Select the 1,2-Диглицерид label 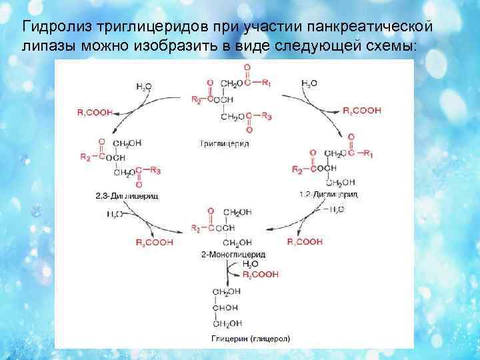[x=329, y=195]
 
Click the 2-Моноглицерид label [x=233, y=255]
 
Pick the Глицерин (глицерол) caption [x=250, y=338]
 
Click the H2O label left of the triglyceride [x=143, y=85]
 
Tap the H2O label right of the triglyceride [x=309, y=83]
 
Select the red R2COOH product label [x=261, y=274]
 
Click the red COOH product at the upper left [x=95, y=113]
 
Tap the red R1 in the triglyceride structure [x=266, y=83]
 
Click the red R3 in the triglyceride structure [x=266, y=117]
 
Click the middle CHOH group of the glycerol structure [x=225, y=307]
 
